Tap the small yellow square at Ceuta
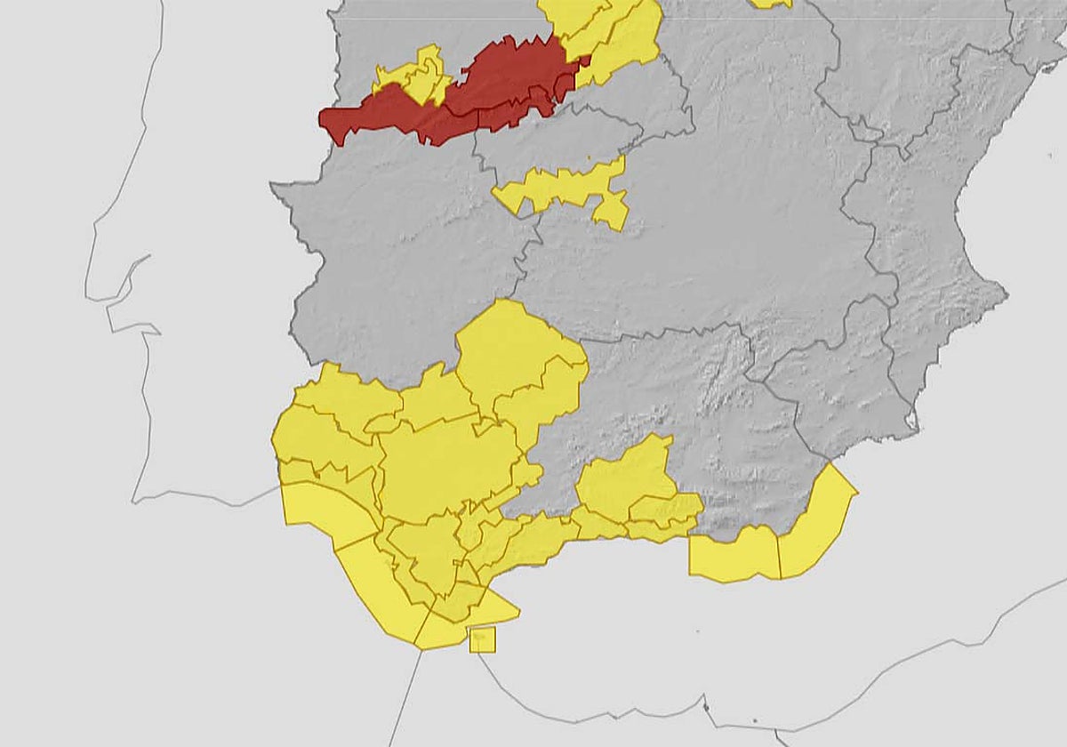click(482, 639)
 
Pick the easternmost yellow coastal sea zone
click(818, 525)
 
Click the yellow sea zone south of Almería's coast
click(734, 556)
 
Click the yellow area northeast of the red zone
click(614, 36)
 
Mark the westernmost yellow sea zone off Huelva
click(320, 511)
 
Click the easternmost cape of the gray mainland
click(1006, 289)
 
